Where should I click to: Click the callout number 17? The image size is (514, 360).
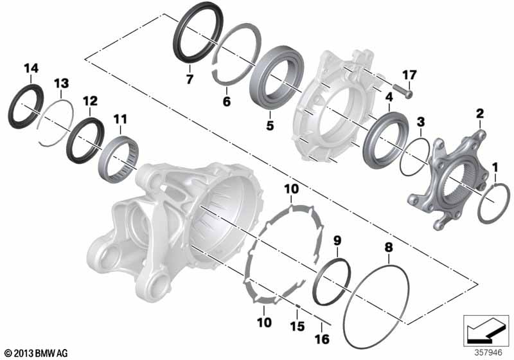[409, 75]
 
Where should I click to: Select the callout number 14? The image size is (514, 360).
[31, 69]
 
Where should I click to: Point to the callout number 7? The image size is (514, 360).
[190, 79]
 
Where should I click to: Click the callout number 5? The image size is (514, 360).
[269, 125]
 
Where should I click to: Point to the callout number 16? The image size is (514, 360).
[322, 339]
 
